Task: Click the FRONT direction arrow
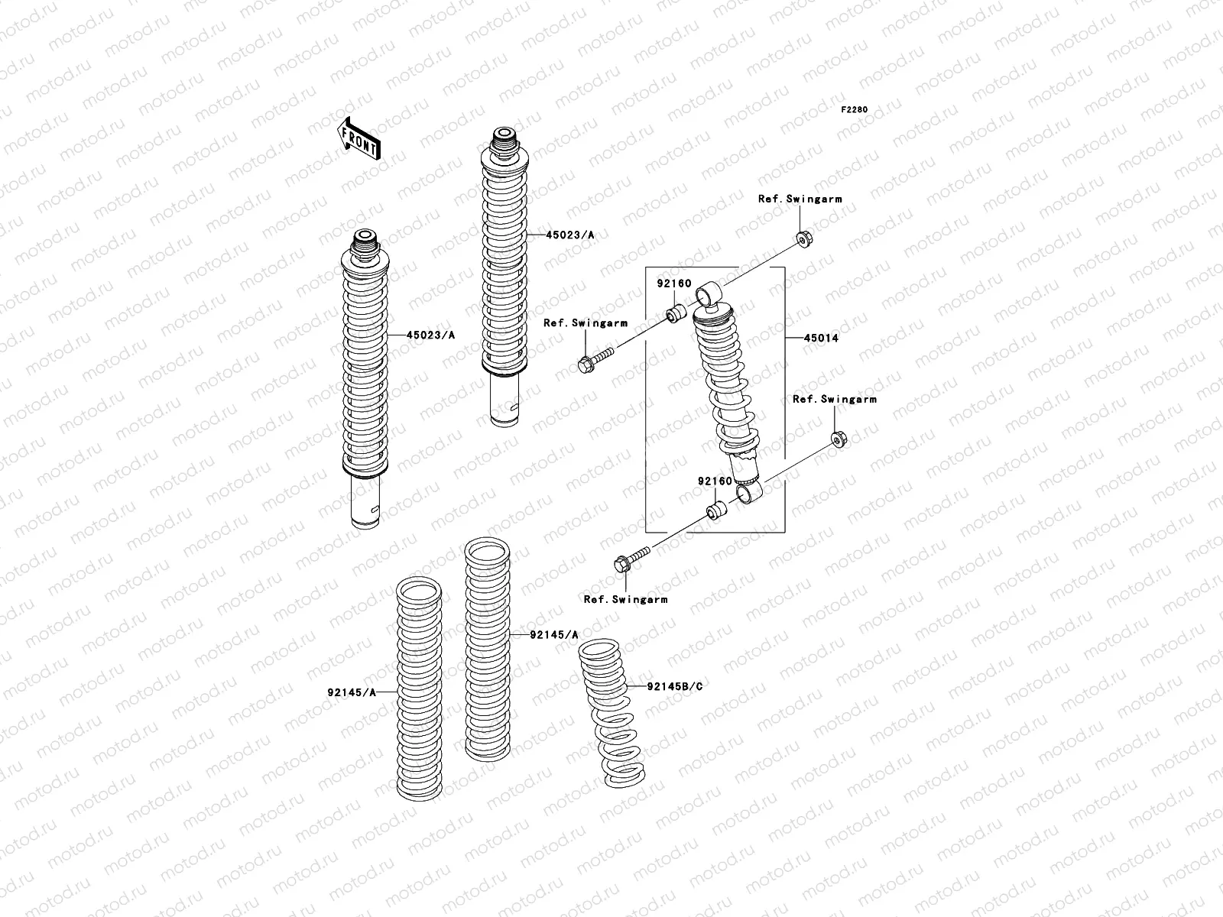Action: (359, 138)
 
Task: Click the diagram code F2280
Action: (855, 110)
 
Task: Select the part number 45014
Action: (820, 338)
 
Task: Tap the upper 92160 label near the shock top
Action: (673, 284)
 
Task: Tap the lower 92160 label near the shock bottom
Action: (714, 481)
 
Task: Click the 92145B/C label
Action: (674, 686)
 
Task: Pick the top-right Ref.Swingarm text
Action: (800, 199)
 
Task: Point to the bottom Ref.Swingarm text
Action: (625, 599)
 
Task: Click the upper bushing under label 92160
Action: (674, 313)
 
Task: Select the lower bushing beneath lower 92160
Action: (715, 510)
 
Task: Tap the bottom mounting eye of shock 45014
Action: (749, 495)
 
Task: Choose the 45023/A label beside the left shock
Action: (430, 335)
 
